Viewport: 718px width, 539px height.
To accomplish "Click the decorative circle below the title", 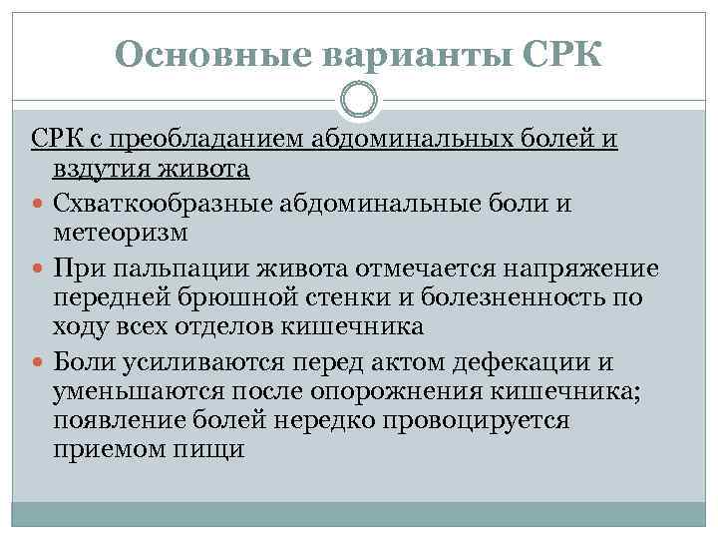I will (x=358, y=100).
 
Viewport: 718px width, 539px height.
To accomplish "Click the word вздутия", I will (x=98, y=171).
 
